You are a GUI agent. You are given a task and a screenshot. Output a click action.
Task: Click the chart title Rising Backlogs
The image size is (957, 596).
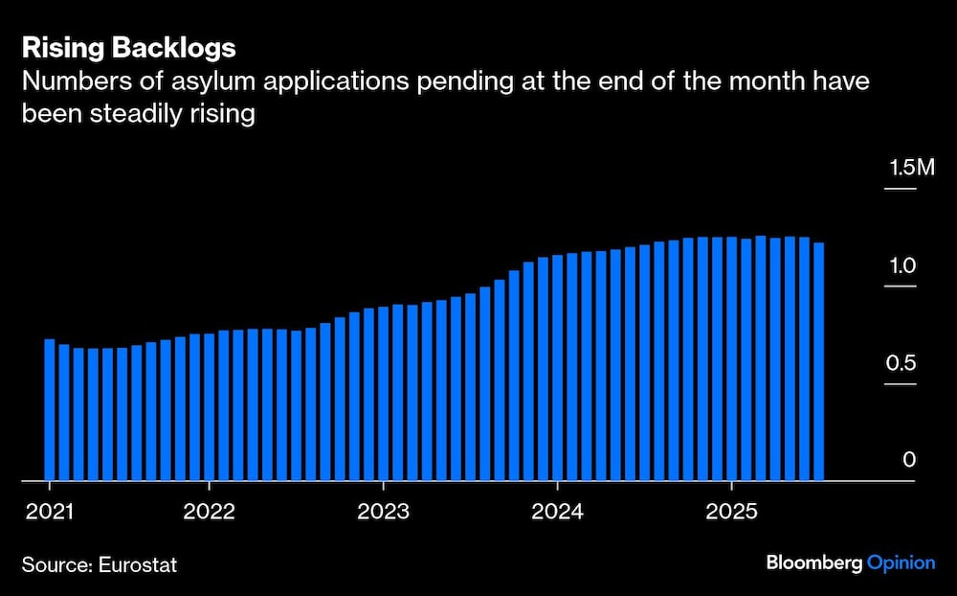pos(128,48)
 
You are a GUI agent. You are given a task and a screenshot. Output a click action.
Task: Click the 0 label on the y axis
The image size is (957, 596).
pos(909,460)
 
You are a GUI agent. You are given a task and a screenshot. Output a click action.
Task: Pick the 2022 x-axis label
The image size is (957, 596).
pos(209,511)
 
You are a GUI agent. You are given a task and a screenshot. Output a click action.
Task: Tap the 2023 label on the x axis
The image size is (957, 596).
pos(383,511)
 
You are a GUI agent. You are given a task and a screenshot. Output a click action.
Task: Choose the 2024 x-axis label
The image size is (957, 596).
pos(557,511)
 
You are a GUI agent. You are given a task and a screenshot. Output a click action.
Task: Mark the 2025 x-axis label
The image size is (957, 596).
pos(731,511)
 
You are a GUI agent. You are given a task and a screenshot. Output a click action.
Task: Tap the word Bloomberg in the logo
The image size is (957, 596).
pos(813,563)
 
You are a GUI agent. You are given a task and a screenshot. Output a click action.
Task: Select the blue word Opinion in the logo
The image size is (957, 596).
pos(901,563)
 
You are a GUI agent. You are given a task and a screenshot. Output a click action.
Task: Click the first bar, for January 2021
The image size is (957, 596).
pos(50,410)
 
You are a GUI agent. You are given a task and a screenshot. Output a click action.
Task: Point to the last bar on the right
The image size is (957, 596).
pos(818,362)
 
